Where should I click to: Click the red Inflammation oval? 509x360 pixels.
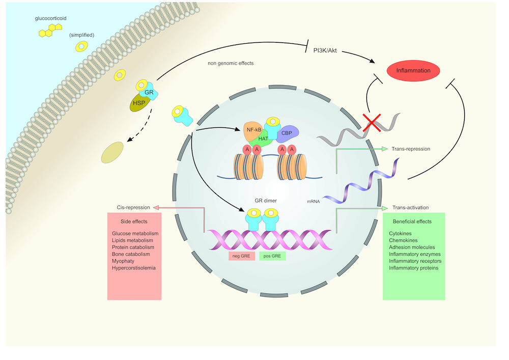click(x=414, y=71)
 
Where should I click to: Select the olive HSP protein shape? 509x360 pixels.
click(x=139, y=102)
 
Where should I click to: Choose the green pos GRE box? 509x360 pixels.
click(x=272, y=256)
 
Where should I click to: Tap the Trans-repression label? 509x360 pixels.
click(x=411, y=149)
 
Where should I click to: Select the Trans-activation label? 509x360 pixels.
click(x=410, y=208)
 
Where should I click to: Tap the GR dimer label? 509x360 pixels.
click(x=266, y=201)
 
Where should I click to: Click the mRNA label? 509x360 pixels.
click(x=314, y=202)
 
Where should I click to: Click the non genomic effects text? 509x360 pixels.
click(x=231, y=64)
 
